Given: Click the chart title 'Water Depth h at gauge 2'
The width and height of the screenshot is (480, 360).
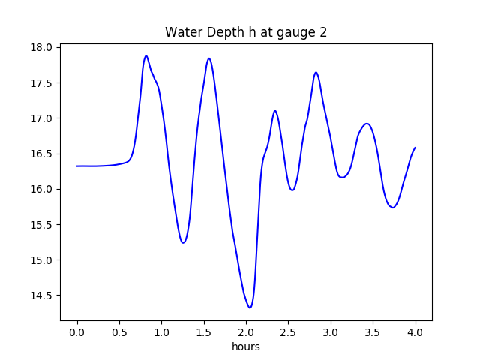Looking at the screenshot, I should click(246, 32).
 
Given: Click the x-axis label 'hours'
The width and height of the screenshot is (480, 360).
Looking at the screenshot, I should click(246, 347).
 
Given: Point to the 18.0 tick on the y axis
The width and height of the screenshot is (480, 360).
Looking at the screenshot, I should click(43, 47).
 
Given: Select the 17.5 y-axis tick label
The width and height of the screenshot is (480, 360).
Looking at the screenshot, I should click(43, 82).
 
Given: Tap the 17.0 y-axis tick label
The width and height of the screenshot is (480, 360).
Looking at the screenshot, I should click(43, 118).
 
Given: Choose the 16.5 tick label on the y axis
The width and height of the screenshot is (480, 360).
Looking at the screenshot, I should click(43, 154).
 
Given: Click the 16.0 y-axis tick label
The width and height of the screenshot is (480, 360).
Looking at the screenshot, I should click(43, 189).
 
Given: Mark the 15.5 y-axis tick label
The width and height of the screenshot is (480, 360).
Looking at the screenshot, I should click(43, 225).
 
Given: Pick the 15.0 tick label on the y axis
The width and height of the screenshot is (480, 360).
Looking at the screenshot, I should click(43, 260).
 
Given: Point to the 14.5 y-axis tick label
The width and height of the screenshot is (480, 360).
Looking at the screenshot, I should click(43, 295).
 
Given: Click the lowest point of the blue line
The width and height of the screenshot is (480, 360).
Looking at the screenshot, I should click(250, 307).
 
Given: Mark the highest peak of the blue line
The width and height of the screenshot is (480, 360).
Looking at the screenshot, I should click(146, 55).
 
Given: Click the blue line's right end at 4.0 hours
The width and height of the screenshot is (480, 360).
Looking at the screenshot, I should click(415, 148).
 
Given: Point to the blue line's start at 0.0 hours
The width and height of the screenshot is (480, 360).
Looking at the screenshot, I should click(77, 166).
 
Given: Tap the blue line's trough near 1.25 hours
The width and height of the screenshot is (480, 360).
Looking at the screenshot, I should click(183, 243).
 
